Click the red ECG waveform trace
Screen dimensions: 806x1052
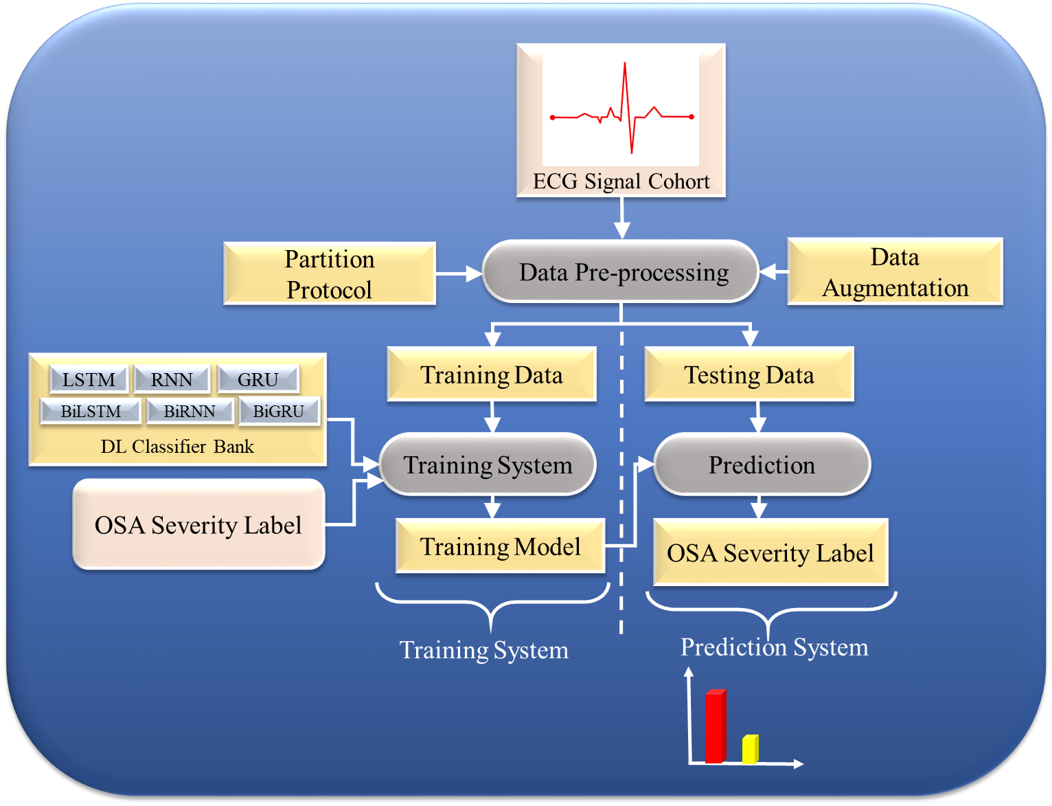click(625, 110)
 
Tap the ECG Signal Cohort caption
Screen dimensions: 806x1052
click(621, 181)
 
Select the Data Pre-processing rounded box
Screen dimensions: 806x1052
click(621, 272)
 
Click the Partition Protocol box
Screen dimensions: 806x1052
click(330, 274)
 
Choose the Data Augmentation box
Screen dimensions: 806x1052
click(895, 272)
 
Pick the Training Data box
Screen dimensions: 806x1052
click(492, 375)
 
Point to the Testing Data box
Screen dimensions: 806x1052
click(748, 375)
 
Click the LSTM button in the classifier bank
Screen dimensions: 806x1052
click(89, 379)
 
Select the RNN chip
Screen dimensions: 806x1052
click(172, 379)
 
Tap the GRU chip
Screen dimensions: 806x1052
click(258, 379)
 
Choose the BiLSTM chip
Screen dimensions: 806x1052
click(91, 411)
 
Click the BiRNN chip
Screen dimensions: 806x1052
click(190, 411)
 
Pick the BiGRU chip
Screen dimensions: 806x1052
click(279, 411)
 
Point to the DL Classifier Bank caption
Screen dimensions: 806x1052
click(177, 447)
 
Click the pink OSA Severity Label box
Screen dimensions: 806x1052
click(198, 525)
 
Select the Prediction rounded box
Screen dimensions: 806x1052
click(762, 465)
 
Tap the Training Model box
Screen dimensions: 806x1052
click(500, 547)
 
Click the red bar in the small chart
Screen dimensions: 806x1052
click(715, 727)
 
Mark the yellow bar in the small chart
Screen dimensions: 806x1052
click(750, 749)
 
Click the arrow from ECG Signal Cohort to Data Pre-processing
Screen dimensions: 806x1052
click(622, 219)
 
